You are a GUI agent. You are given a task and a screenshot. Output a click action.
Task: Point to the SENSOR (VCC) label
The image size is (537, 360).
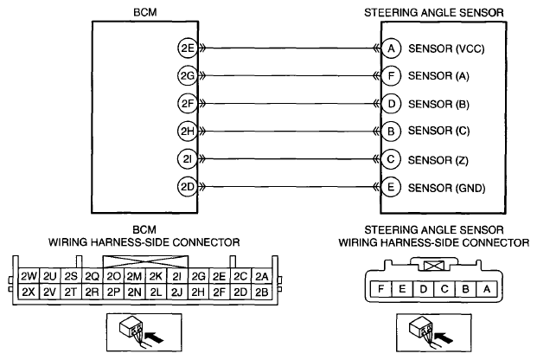pyautogui.click(x=446, y=49)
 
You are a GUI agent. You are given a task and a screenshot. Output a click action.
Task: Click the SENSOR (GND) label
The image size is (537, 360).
pyautogui.click(x=446, y=188)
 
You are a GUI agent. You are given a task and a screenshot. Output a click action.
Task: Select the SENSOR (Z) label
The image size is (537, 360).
pyautogui.click(x=438, y=160)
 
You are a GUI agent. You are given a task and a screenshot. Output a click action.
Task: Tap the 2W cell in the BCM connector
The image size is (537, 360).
pyautogui.click(x=29, y=276)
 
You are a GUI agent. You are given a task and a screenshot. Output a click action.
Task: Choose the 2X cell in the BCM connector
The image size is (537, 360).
pyautogui.click(x=29, y=292)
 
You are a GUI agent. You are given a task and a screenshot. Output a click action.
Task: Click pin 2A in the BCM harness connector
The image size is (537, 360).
pyautogui.click(x=262, y=276)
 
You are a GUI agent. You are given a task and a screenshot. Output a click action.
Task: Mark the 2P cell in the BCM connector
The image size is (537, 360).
pyautogui.click(x=113, y=292)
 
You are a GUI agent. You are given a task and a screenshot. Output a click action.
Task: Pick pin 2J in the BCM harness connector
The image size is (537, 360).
pyautogui.click(x=176, y=292)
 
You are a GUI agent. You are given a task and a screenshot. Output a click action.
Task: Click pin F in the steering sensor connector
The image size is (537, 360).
pyautogui.click(x=380, y=289)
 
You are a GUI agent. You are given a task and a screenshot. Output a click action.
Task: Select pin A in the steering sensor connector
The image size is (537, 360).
pyautogui.click(x=487, y=289)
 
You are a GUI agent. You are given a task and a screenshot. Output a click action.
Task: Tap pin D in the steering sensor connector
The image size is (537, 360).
pyautogui.click(x=424, y=289)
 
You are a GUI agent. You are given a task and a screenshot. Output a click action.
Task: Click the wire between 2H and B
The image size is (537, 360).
pyautogui.click(x=290, y=132)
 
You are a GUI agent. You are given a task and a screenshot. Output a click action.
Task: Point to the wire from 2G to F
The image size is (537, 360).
pyautogui.click(x=290, y=76)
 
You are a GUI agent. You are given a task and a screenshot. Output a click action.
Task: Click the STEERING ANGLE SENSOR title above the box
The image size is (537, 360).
pyautogui.click(x=434, y=13)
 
